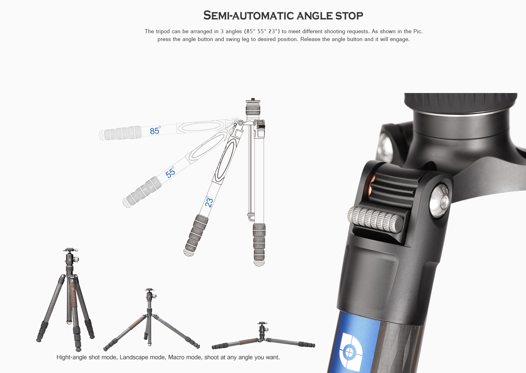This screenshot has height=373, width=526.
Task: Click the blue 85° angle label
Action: click(155, 130)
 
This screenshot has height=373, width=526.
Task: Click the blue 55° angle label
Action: click(170, 172)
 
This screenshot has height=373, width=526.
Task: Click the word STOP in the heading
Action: click(349, 16)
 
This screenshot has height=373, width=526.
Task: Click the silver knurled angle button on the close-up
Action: click(375, 220)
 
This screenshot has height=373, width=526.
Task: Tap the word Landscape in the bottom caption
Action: click(134, 358)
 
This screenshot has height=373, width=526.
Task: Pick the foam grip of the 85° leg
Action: click(121, 133)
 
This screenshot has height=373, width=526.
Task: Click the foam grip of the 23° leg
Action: click(196, 235)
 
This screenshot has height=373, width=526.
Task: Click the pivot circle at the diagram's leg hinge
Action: click(241, 123)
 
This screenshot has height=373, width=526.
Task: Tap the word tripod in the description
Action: click(162, 31)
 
